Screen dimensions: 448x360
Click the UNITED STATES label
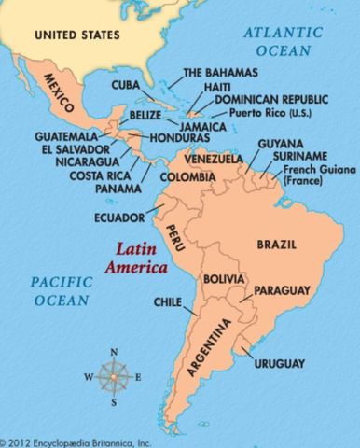[x=77, y=35]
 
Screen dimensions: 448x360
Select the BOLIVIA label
[x=225, y=279]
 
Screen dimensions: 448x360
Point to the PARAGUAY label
[x=280, y=292]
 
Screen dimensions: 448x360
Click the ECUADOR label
[x=118, y=219]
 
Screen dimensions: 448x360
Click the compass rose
[x=114, y=377]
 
